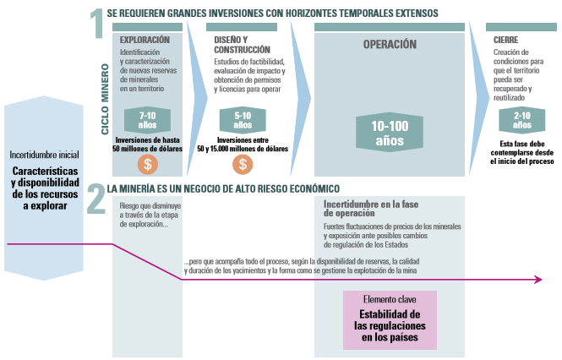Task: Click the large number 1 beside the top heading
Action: tap(97, 24)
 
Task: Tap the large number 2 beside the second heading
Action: tap(96, 199)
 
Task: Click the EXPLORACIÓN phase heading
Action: tap(145, 40)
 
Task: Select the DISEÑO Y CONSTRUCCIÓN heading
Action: tap(242, 45)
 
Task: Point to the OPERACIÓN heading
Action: tap(390, 45)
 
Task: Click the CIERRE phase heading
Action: tap(505, 40)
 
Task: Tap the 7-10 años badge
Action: tap(147, 120)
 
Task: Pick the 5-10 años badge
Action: tap(243, 120)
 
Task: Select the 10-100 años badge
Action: tap(390, 133)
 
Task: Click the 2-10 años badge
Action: tap(522, 120)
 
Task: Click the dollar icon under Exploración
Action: tap(147, 165)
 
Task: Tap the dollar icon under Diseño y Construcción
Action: tap(243, 165)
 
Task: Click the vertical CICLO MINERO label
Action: tap(105, 100)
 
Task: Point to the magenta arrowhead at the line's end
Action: tap(538, 280)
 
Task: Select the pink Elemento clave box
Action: tap(390, 319)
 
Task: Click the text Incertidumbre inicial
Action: tap(45, 155)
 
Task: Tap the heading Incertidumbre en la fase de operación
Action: tap(371, 209)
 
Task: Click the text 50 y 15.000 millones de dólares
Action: tap(243, 149)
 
